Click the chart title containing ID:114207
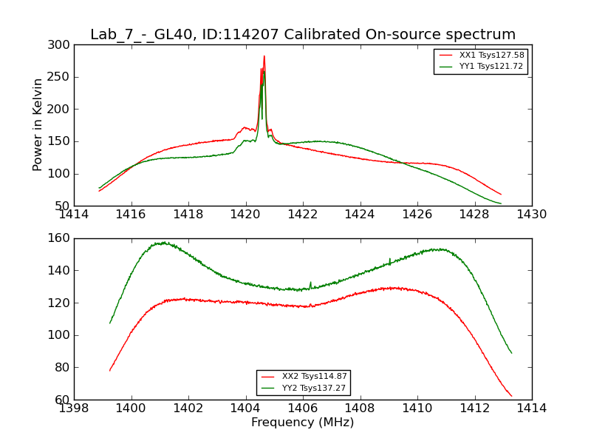click(303, 35)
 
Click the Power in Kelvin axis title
click(38, 125)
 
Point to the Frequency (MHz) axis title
click(303, 423)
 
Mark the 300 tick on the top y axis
click(61, 45)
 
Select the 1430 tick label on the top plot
click(531, 215)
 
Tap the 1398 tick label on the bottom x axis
click(74, 408)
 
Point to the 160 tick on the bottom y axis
click(61, 238)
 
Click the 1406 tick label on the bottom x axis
click(303, 408)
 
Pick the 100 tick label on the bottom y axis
click(61, 335)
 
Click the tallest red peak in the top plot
click(264, 56)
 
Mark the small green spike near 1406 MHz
click(310, 282)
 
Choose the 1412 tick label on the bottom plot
click(474, 408)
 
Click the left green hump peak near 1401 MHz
click(162, 243)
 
